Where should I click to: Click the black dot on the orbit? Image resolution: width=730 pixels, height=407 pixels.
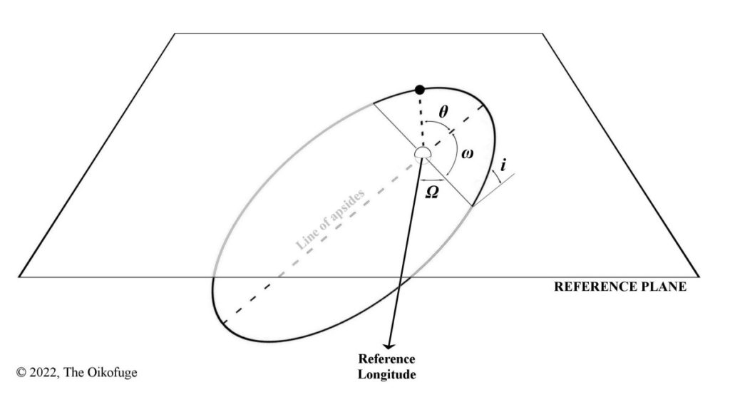tap(420, 89)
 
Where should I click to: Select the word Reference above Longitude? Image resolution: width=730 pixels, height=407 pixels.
tap(386, 359)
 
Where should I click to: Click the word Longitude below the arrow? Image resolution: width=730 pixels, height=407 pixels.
tap(386, 374)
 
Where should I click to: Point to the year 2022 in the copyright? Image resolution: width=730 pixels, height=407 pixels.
tap(43, 373)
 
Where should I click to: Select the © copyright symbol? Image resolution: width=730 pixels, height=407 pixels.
tap(21, 373)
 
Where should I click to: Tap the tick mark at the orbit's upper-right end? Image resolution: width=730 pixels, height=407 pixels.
tap(484, 108)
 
